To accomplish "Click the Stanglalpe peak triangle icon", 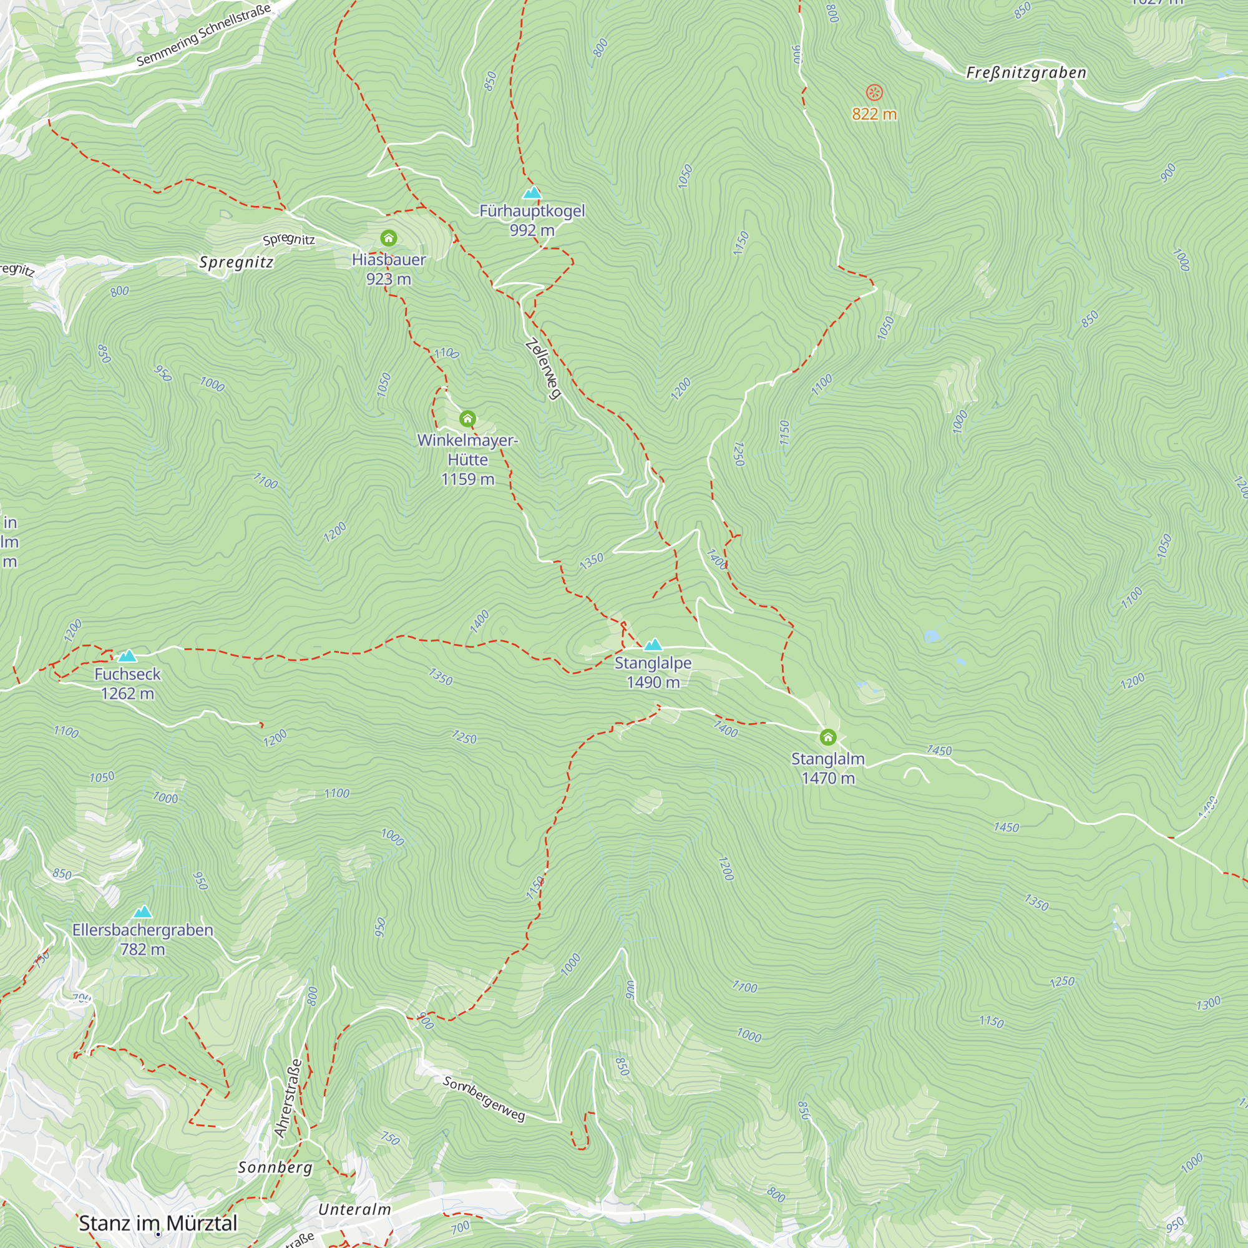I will pyautogui.click(x=653, y=644).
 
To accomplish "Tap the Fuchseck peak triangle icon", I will pyautogui.click(x=127, y=656).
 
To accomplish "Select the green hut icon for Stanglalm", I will pyautogui.click(x=827, y=737).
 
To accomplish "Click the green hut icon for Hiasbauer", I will pyautogui.click(x=388, y=238).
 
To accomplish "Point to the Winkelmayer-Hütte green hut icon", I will pyautogui.click(x=467, y=419).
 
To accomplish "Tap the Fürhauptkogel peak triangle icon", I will pyautogui.click(x=532, y=192).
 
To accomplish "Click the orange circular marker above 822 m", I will pyautogui.click(x=874, y=93).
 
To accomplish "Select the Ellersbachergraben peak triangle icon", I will pyautogui.click(x=142, y=912).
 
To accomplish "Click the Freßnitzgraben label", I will pyautogui.click(x=1026, y=73).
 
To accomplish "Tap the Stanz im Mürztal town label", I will pyautogui.click(x=158, y=1223).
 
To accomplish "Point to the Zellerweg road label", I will pyautogui.click(x=543, y=369).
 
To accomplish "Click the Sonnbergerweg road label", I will pyautogui.click(x=484, y=1099).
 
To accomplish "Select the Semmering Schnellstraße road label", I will pyautogui.click(x=203, y=34).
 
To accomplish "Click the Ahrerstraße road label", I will pyautogui.click(x=288, y=1098).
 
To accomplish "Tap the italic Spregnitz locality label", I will pyautogui.click(x=236, y=262).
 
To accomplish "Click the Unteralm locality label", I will pyautogui.click(x=354, y=1209).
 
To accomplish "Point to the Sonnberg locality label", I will pyautogui.click(x=275, y=1168).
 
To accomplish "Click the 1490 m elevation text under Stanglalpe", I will pyautogui.click(x=653, y=683).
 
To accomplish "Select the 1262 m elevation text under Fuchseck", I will pyautogui.click(x=127, y=694).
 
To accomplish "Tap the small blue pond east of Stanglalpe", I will pyautogui.click(x=931, y=636).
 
